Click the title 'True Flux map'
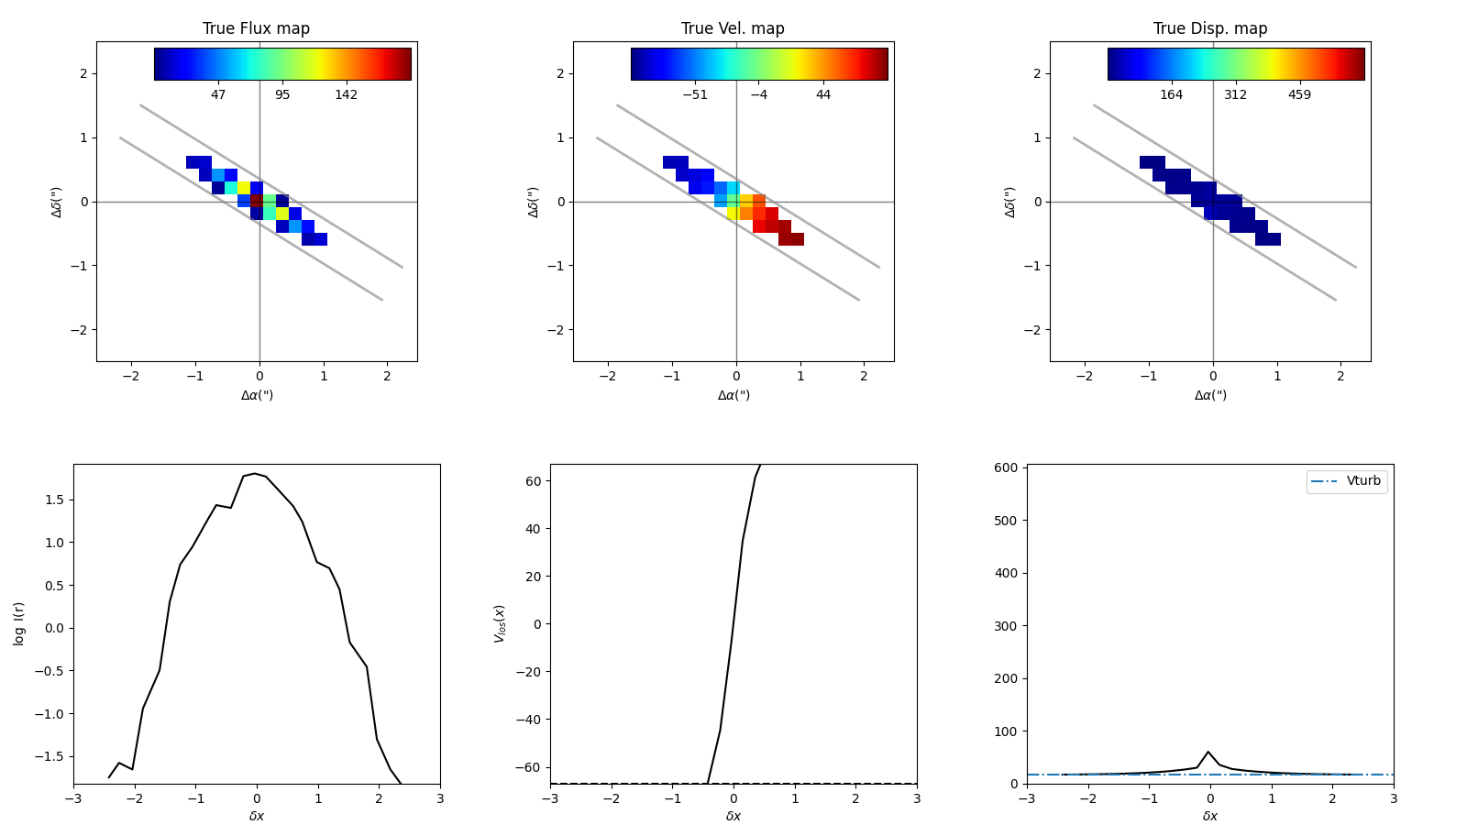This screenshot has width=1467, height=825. [x=256, y=28]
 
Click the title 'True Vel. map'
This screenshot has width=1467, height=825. [x=733, y=28]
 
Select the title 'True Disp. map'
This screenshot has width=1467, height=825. [x=1210, y=28]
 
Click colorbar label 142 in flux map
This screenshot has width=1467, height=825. [x=346, y=95]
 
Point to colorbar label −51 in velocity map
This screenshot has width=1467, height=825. [x=695, y=95]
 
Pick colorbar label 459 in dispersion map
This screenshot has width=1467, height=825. [x=1299, y=95]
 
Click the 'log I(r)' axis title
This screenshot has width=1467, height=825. [x=19, y=623]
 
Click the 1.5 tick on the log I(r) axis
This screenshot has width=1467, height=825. [x=55, y=500]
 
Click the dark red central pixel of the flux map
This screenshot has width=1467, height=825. [x=257, y=200]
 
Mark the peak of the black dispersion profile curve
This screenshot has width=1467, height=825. [x=1209, y=753]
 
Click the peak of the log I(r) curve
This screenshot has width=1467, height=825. [x=255, y=474]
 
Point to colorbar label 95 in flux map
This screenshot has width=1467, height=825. [x=282, y=95]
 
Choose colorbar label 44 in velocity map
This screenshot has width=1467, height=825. [x=823, y=95]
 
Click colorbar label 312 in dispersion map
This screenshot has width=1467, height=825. [x=1235, y=95]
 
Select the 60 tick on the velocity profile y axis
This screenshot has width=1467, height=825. [x=532, y=481]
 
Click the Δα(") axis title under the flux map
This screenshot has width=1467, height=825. [x=257, y=396]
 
